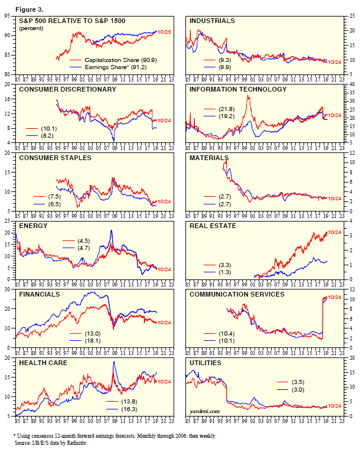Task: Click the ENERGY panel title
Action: pyautogui.click(x=34, y=226)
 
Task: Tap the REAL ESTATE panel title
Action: pyautogui.click(x=213, y=226)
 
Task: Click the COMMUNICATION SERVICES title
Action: pyautogui.click(x=237, y=294)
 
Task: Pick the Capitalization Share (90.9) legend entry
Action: pyautogui.click(x=120, y=60)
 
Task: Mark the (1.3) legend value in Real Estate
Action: pyautogui.click(x=224, y=272)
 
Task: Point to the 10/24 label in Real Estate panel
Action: pyautogui.click(x=334, y=233)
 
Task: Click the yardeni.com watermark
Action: pyautogui.click(x=205, y=411)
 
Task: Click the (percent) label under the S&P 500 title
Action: pyautogui.click(x=31, y=28)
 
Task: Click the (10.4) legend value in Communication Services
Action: pyautogui.click(x=227, y=333)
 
